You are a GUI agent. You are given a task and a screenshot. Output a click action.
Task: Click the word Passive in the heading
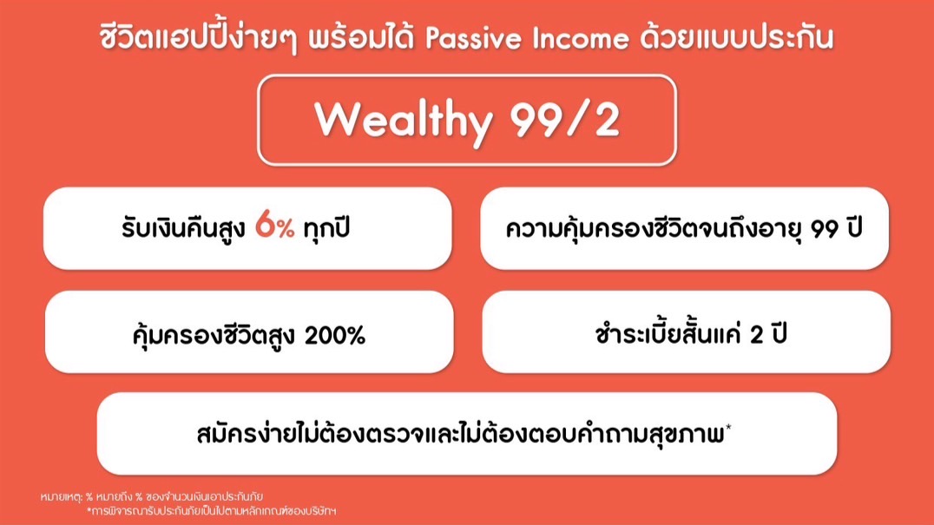pyautogui.click(x=474, y=38)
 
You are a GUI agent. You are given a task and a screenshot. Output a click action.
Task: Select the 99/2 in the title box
pyautogui.click(x=565, y=120)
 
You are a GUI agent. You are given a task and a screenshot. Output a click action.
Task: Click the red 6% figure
pyautogui.click(x=274, y=226)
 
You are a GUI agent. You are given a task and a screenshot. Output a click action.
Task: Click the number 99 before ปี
pyautogui.click(x=825, y=229)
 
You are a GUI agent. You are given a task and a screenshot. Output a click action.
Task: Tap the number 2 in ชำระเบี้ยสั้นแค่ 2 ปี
pyautogui.click(x=757, y=335)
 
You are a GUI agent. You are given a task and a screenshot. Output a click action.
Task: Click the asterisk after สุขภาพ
pyautogui.click(x=728, y=427)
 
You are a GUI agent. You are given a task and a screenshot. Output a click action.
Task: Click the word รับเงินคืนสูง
pyautogui.click(x=183, y=228)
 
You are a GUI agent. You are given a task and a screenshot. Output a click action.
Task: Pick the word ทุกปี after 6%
pyautogui.click(x=326, y=227)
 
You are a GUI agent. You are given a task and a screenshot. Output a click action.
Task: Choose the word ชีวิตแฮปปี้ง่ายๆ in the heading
pyautogui.click(x=199, y=37)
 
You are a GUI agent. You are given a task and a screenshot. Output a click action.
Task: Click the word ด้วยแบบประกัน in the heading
pyautogui.click(x=737, y=37)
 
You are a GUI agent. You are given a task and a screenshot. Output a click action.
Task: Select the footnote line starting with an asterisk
pyautogui.click(x=212, y=511)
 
